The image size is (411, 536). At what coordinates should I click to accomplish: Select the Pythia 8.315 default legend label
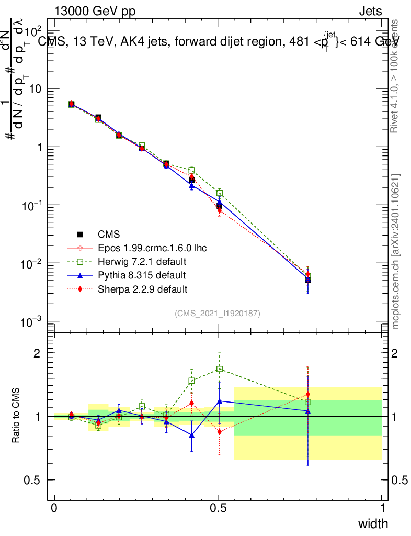tap(141, 275)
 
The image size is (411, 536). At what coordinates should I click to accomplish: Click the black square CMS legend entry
tap(80, 234)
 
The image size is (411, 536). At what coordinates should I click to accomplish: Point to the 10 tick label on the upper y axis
tap(35, 89)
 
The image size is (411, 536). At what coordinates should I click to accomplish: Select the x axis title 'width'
tap(372, 523)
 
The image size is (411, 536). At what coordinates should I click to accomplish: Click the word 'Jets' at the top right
tap(370, 11)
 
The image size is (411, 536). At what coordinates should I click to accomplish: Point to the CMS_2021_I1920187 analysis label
tap(218, 313)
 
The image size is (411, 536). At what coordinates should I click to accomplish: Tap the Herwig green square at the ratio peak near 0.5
tap(220, 369)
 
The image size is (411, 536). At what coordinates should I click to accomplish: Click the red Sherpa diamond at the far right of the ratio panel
tap(308, 394)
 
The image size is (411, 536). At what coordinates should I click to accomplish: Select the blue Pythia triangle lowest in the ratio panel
tap(192, 435)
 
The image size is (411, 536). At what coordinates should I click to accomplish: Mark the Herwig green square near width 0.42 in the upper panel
tap(192, 170)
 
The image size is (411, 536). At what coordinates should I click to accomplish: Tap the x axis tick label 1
tap(382, 508)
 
